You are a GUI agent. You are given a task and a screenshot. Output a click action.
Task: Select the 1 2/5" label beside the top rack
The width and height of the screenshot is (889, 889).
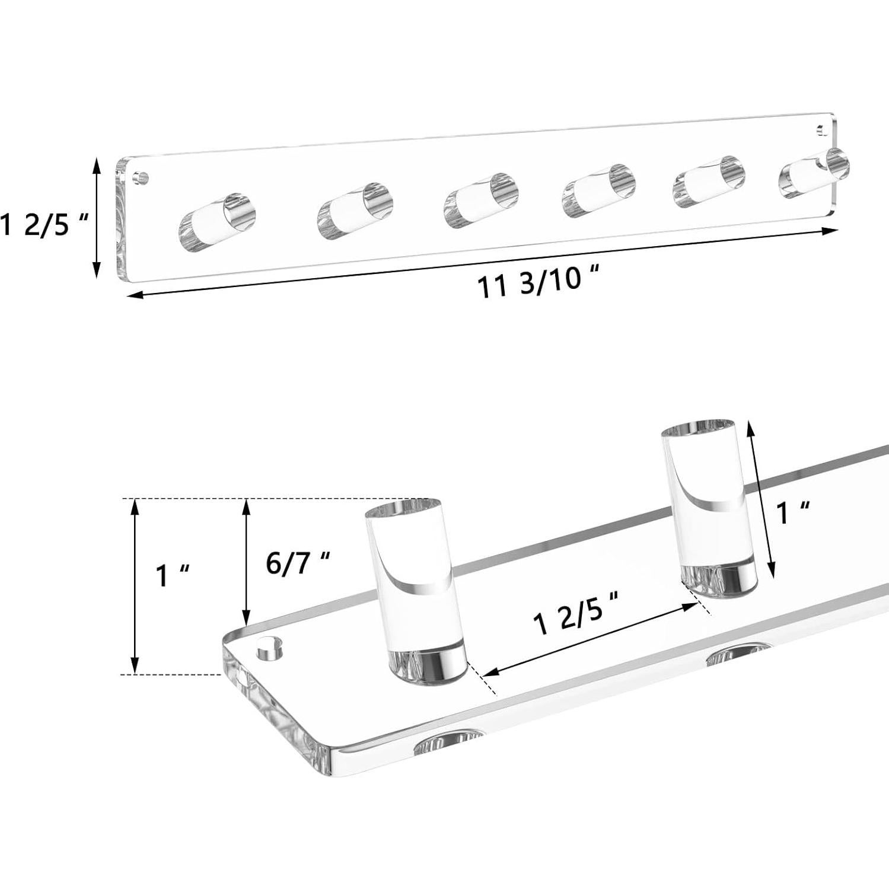[x=44, y=225]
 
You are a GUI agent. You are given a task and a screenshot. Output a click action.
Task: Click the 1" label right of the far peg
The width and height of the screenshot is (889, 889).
[x=794, y=512]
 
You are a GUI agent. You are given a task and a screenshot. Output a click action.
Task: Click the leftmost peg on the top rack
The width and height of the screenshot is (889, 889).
[x=218, y=219]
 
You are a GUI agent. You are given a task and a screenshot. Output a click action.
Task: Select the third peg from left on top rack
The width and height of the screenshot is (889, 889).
[x=481, y=195]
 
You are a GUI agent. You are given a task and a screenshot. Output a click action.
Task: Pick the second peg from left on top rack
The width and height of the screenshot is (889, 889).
[x=355, y=210]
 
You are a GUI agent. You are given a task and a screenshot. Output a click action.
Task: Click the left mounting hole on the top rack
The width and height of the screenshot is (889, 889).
[x=141, y=177]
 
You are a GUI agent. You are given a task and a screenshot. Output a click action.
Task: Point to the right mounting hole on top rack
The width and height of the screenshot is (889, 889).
[x=821, y=128]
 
